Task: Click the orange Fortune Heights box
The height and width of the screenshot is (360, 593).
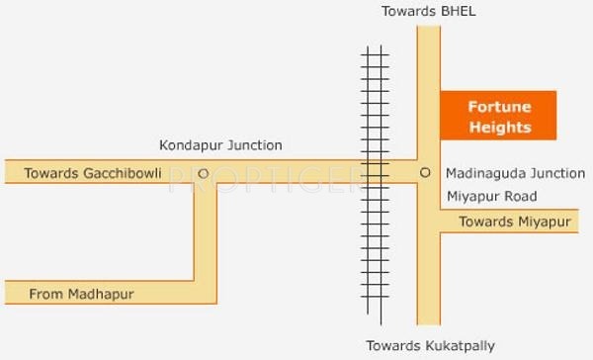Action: (498, 116)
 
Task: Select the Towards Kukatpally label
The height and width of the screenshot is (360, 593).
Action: (430, 345)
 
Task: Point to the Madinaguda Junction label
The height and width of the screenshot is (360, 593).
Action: (516, 172)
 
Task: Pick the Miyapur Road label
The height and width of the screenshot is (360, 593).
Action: (492, 196)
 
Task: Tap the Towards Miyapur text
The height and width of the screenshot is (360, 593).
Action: (515, 222)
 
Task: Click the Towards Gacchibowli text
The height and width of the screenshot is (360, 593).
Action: (93, 173)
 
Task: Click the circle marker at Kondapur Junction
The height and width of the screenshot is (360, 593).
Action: (203, 172)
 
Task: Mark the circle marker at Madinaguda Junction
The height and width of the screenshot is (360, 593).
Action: (426, 172)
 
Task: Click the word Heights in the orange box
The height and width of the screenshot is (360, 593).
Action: (499, 128)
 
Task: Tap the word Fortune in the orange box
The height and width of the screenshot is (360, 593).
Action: (499, 107)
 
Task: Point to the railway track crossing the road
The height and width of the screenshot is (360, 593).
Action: (374, 172)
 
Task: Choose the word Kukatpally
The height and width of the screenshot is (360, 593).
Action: (460, 345)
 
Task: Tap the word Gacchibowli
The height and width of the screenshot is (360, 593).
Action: (123, 173)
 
